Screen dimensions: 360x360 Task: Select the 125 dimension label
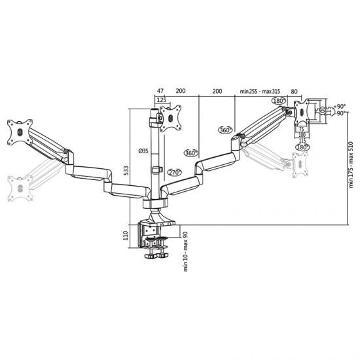pos(161,99)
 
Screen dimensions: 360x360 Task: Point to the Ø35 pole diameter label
pos(143,151)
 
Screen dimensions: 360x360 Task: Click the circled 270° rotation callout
pos(174,173)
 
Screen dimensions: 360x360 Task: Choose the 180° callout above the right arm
pos(279,101)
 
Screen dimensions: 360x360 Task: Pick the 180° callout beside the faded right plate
pos(301,147)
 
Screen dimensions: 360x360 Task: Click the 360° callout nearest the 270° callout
pos(191,153)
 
